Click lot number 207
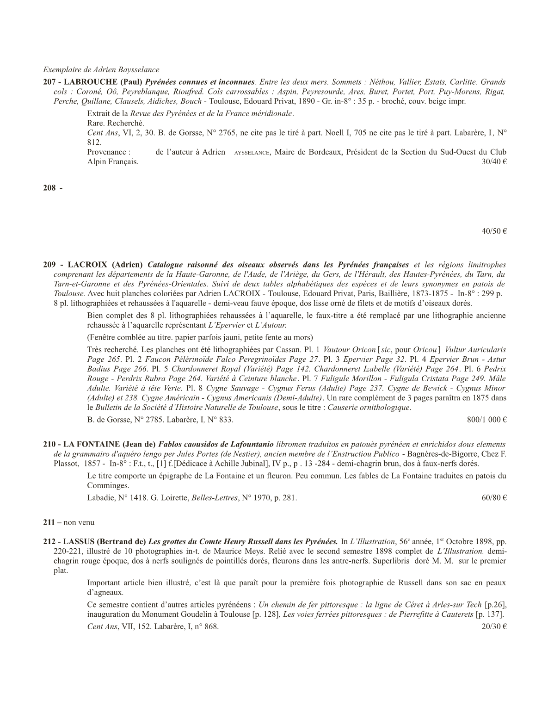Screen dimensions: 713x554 [x=49, y=81]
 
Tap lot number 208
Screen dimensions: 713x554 [x=49, y=187]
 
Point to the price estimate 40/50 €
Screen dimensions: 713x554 [x=494, y=231]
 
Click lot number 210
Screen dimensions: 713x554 [x=49, y=444]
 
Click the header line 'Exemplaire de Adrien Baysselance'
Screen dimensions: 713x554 [x=101, y=70]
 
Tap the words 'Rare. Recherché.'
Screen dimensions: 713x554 [x=116, y=123]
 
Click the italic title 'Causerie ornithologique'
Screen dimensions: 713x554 [x=369, y=408]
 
